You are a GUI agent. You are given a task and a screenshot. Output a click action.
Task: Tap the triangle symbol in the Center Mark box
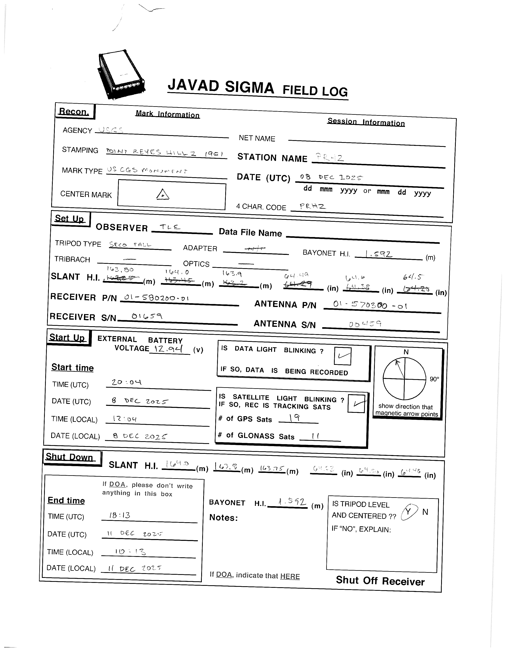pos(163,194)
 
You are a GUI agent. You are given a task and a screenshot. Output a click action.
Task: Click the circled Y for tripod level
pos(408,512)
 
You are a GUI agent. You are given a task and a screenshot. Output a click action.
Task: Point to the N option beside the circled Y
pos(425,512)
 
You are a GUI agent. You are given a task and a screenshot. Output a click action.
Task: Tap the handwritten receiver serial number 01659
pos(147,316)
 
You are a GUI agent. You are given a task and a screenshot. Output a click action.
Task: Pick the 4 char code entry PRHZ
pos(312,206)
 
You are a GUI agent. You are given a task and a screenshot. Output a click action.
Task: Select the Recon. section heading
pos(74,112)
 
